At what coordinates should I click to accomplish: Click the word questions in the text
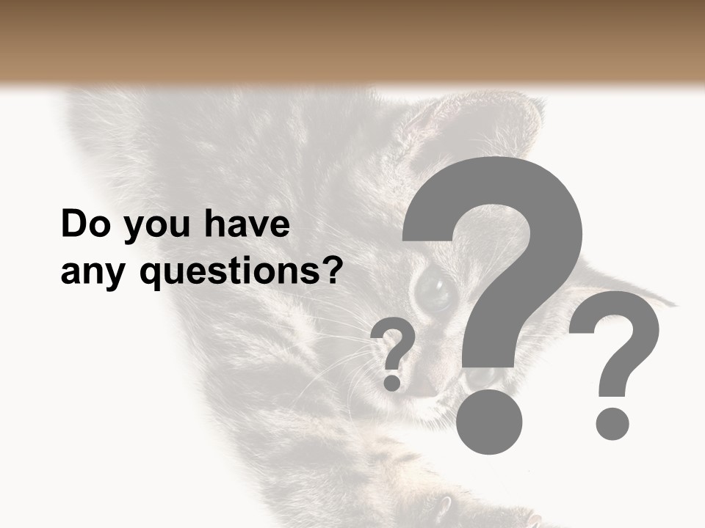(x=220, y=273)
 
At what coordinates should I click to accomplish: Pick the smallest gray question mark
(x=394, y=345)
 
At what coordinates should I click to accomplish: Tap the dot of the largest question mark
(x=489, y=421)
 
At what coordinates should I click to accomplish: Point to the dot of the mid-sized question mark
(x=612, y=423)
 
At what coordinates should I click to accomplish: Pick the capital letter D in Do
(x=73, y=224)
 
